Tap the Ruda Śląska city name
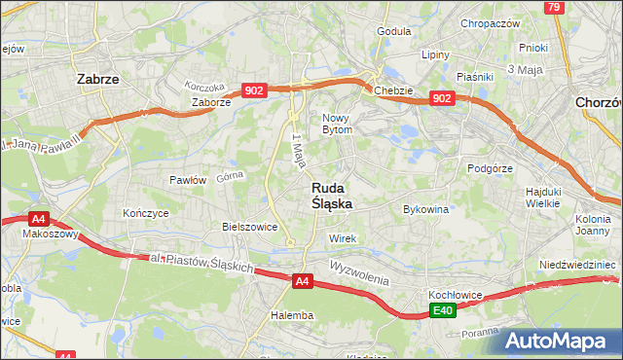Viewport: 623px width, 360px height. coord(332,196)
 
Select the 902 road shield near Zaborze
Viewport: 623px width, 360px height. coord(253,90)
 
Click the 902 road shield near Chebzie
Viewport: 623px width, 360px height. coord(441,98)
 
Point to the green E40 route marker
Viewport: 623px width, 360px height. coord(443,310)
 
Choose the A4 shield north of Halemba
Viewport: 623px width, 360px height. coord(303,282)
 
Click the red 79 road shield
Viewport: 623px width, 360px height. coord(554,8)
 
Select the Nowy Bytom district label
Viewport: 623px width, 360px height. coord(343,123)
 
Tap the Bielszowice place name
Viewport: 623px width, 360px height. coord(250,226)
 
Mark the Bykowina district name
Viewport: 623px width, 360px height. coord(425,209)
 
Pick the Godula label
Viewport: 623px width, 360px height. coord(393,31)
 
